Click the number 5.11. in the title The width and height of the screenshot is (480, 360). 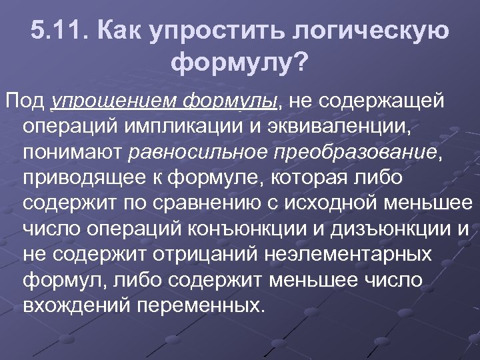pos(61,30)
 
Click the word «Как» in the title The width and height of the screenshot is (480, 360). pos(120,30)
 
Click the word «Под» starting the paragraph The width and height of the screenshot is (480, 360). pos(25,101)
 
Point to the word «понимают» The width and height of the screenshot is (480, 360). pos(71,153)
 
